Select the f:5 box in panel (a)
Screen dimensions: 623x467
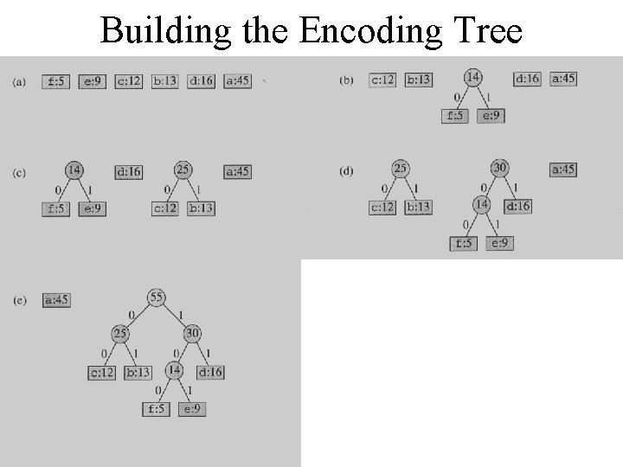point(56,81)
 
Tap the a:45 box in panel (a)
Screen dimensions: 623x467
point(237,81)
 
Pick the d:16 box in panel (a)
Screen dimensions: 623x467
point(201,81)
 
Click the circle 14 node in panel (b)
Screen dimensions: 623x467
point(473,78)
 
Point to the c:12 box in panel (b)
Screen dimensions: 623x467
point(382,80)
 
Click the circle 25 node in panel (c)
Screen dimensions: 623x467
point(183,170)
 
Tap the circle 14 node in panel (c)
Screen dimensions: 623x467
point(74,170)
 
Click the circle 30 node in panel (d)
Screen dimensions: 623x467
point(500,168)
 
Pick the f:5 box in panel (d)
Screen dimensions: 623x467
point(464,243)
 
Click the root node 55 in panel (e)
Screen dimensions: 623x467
point(157,297)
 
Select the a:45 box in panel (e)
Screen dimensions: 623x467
point(56,300)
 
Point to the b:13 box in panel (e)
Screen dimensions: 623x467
point(138,373)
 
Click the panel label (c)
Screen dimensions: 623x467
point(19,173)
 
